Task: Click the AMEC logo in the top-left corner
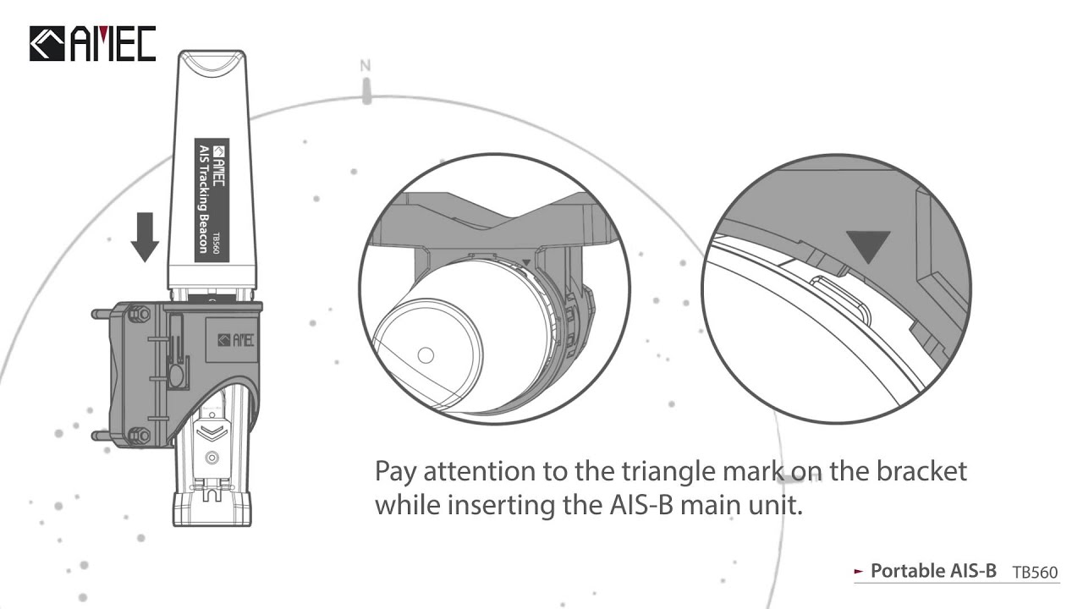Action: [x=93, y=43]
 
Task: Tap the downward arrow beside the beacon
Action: [x=145, y=237]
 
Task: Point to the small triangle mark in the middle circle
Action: [x=526, y=262]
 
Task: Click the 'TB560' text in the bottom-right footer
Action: [x=1035, y=573]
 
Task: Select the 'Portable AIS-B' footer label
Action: [x=933, y=571]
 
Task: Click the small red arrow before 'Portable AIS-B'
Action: [x=859, y=571]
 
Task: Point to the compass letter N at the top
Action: [x=366, y=66]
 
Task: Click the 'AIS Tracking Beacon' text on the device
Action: [x=204, y=199]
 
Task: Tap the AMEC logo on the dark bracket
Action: [x=235, y=340]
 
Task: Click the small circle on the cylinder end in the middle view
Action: [x=426, y=355]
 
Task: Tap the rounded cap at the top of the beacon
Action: [x=212, y=62]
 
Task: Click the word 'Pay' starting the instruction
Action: [x=395, y=472]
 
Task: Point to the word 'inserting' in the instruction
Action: [x=500, y=507]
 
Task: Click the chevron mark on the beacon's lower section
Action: [x=212, y=431]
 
